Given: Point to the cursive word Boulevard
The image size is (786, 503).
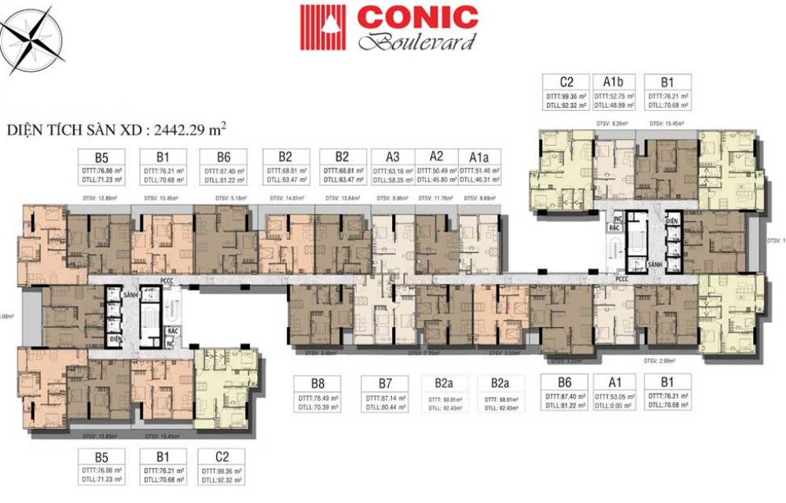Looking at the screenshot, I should click(x=417, y=41).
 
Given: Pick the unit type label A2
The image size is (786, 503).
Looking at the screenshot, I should click(x=436, y=156).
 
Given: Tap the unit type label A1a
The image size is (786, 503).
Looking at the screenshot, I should click(x=481, y=156).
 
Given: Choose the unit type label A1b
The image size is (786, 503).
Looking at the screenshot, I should click(x=613, y=82).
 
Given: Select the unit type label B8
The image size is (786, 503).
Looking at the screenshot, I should click(x=318, y=384).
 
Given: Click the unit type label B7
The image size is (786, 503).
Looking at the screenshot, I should click(x=385, y=384).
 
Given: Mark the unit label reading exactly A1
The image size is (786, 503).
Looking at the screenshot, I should click(x=613, y=384).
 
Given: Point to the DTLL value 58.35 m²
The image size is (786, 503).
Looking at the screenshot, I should click(x=395, y=180).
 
